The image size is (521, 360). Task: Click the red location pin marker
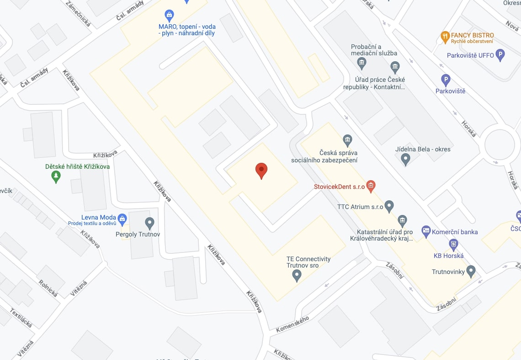[x=261, y=170]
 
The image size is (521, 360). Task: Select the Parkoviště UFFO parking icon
[x=500, y=55]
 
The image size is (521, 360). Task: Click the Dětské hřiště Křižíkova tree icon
[x=56, y=176]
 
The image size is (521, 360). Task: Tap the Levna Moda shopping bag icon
[x=122, y=219]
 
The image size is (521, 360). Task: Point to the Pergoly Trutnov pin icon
[x=149, y=223]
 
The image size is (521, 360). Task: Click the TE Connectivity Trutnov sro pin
[x=297, y=275]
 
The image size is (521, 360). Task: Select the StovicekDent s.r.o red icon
[x=371, y=186]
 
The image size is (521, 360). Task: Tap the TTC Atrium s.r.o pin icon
[x=389, y=206]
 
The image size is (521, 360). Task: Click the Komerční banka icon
[x=426, y=231]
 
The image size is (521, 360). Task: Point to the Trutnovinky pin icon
[x=471, y=271]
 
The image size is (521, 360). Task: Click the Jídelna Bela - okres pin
[x=405, y=159]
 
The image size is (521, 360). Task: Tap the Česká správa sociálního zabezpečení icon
[x=347, y=139]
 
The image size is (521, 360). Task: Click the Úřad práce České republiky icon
[x=395, y=67]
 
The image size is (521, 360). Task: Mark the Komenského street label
[x=292, y=324]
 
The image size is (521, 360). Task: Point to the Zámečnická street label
[x=79, y=13]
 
